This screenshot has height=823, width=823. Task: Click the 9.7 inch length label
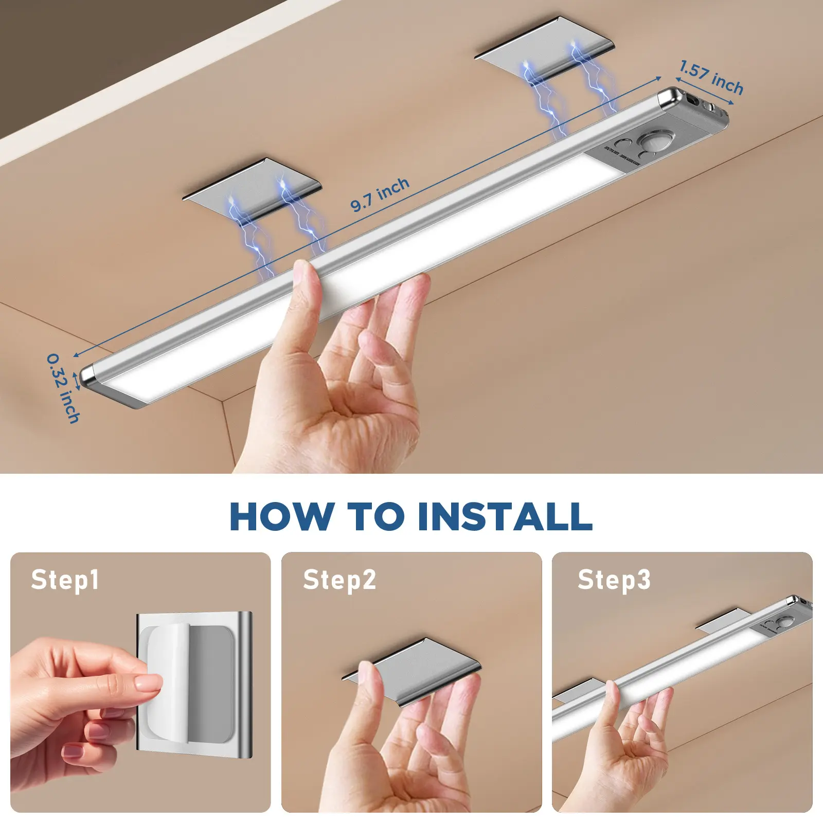380,195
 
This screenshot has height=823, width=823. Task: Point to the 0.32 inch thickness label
63,388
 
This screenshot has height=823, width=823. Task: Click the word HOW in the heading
281,516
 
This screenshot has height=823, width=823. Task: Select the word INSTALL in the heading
505,516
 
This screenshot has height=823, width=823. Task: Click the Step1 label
64,580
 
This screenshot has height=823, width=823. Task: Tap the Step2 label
339,580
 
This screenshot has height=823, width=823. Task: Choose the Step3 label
614,580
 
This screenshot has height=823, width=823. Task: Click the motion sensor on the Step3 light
784,623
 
